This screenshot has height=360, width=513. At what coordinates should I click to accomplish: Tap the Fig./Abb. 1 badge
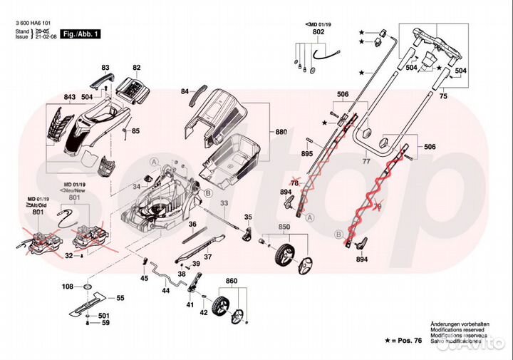coord(82,34)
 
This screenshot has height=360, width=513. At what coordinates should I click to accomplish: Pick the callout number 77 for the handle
coord(368,163)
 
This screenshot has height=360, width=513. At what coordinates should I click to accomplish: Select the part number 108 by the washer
coord(68,287)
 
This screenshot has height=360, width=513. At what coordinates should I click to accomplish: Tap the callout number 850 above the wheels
coord(284,227)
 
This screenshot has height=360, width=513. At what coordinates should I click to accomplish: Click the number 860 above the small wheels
coord(231,283)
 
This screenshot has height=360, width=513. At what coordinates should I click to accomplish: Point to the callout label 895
coord(306,155)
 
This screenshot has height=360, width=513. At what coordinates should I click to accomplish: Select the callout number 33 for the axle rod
coord(224,203)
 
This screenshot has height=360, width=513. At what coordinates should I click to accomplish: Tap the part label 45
coord(144,279)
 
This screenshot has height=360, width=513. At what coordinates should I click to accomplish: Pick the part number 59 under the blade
coord(105,324)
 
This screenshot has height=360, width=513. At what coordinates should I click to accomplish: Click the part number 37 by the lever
coord(209,257)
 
